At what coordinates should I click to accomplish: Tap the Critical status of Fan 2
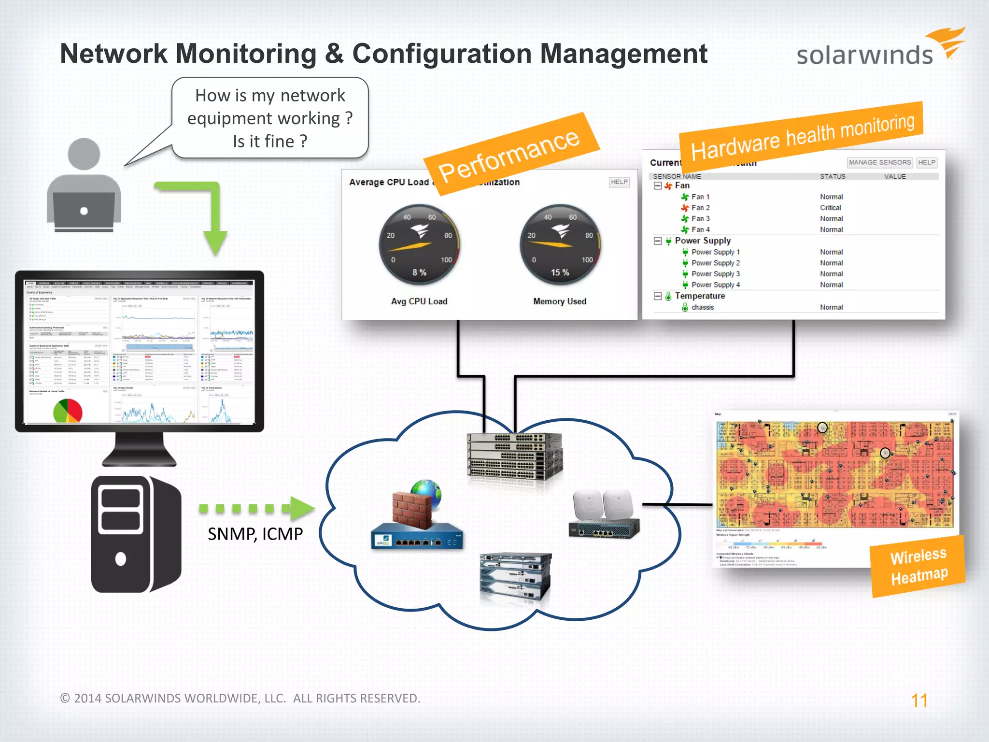point(830,208)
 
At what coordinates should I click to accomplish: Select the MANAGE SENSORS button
point(879,162)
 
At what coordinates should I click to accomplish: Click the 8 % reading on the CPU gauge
point(419,272)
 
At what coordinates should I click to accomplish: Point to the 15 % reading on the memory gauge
point(560,272)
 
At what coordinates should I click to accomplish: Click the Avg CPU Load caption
point(419,301)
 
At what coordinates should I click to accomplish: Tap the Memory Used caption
point(560,301)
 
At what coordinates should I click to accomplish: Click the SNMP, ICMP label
point(255,534)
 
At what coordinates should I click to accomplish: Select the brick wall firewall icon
point(411,510)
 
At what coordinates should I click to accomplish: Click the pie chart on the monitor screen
point(68,411)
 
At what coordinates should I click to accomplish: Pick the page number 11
point(919,700)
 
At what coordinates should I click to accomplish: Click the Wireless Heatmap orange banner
point(918,566)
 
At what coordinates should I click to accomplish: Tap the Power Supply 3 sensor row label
point(715,274)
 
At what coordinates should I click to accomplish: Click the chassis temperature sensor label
point(702,307)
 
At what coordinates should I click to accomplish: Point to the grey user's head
point(84,154)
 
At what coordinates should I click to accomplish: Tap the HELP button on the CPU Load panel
point(619,182)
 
